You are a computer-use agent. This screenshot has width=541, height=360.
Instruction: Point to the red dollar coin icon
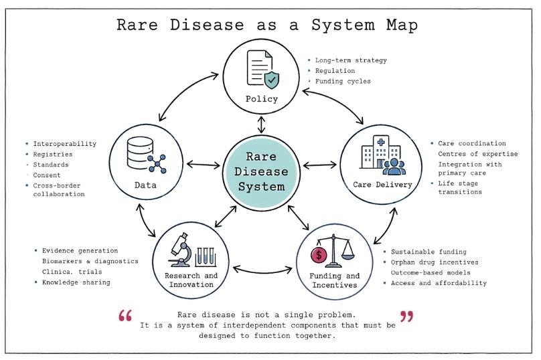pyautogui.click(x=319, y=255)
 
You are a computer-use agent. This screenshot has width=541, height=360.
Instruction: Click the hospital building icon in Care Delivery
pyautogui.click(x=372, y=154)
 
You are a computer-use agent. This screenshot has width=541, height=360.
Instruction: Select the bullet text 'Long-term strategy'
pyautogui.click(x=351, y=60)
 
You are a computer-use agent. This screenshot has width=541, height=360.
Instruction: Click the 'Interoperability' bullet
pyautogui.click(x=64, y=144)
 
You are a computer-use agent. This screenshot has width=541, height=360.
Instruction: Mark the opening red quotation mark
pyautogui.click(x=124, y=316)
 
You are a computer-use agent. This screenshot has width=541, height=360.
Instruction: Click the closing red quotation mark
pyautogui.click(x=406, y=316)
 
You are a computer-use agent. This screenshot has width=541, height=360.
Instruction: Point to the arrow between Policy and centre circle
pyautogui.click(x=262, y=124)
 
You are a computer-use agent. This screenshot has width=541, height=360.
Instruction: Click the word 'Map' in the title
pyautogui.click(x=399, y=25)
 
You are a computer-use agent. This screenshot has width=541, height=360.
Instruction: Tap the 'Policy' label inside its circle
pyautogui.click(x=262, y=100)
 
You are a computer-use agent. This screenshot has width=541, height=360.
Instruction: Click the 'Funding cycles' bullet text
pyautogui.click(x=343, y=82)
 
